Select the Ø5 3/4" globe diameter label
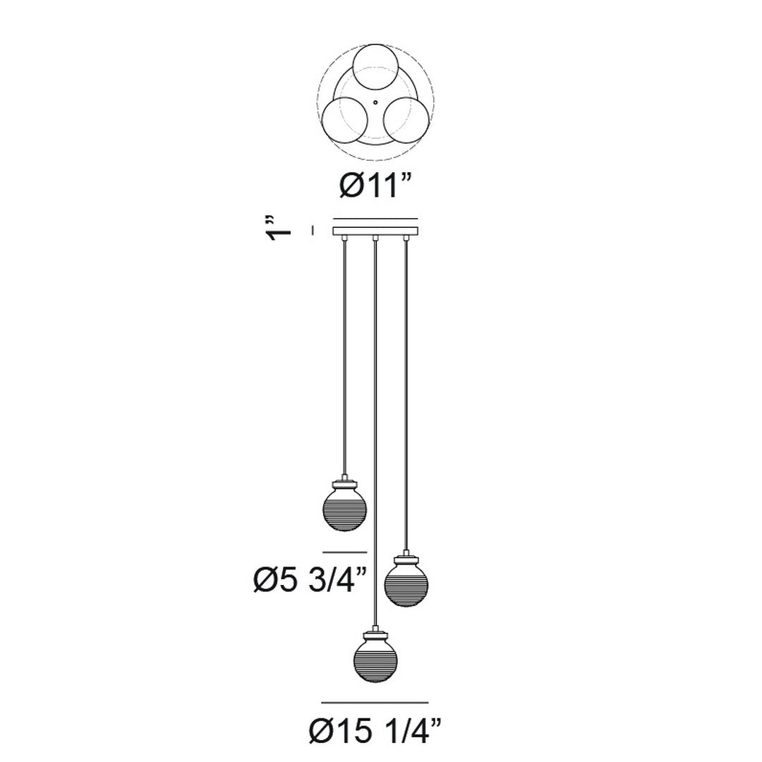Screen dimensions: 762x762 310,580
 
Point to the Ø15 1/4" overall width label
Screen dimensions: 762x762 375,744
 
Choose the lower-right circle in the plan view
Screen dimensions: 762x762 406,120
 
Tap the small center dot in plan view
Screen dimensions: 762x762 375,102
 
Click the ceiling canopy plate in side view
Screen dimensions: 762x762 375,231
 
